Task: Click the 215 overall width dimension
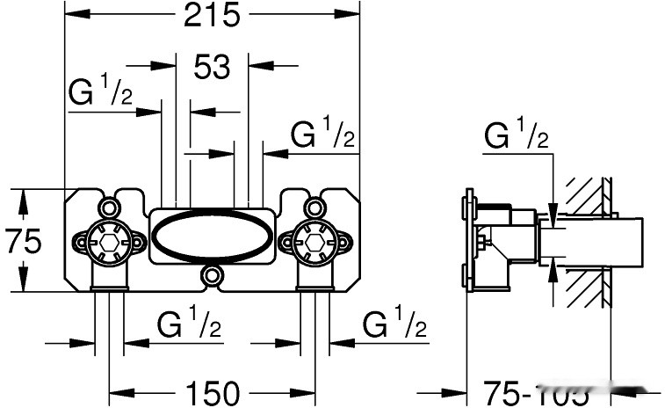click(x=211, y=16)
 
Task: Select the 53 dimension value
click(x=212, y=66)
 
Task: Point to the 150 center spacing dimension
click(x=212, y=393)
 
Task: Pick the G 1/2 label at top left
click(x=100, y=91)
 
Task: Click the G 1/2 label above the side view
click(x=517, y=136)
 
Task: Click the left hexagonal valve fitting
click(x=108, y=237)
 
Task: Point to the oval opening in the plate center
click(x=212, y=236)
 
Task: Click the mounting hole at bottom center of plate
click(x=212, y=276)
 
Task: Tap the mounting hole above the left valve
click(x=108, y=208)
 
